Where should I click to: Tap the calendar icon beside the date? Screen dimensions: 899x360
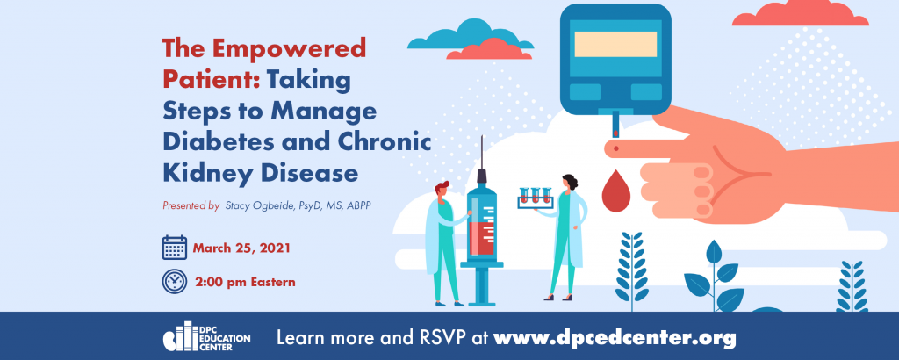click(x=175, y=248)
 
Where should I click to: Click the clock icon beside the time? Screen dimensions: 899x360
click(x=175, y=282)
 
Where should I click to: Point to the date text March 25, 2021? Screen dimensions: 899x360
click(x=241, y=248)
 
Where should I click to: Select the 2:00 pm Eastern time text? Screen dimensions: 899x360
click(x=246, y=282)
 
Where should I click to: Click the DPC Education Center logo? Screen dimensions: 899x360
click(x=206, y=339)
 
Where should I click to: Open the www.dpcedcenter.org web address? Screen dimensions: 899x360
click(x=615, y=338)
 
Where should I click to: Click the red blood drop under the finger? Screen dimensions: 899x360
click(x=616, y=191)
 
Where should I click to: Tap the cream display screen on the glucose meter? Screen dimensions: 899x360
click(x=615, y=44)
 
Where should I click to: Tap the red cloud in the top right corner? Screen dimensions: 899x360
click(x=801, y=13)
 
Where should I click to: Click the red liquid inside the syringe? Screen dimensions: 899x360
click(x=482, y=239)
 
